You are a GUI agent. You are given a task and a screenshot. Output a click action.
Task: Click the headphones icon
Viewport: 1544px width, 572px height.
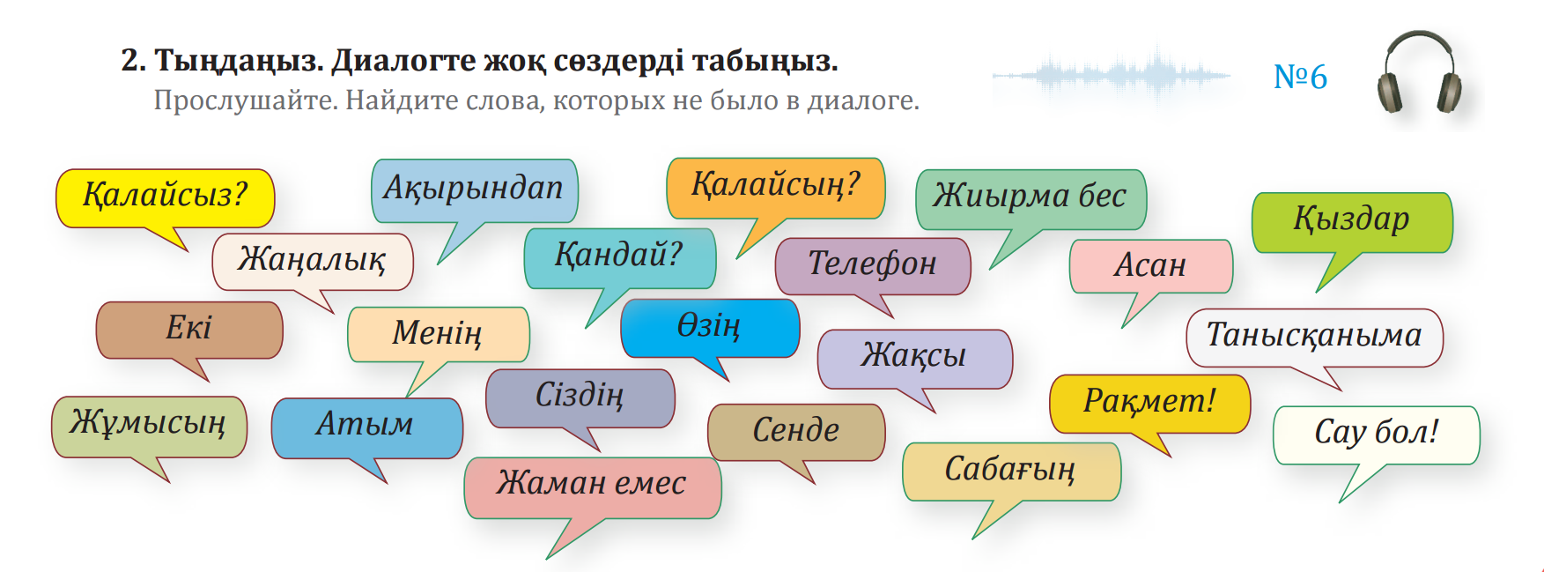1419,72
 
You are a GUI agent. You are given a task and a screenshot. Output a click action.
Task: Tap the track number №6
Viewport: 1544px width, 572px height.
1300,78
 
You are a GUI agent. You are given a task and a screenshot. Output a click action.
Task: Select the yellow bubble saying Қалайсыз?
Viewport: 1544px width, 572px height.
166,198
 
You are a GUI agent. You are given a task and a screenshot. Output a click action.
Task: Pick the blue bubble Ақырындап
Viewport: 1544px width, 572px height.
474,191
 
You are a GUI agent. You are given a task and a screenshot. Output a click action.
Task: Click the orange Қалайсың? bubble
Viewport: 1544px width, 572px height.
776,189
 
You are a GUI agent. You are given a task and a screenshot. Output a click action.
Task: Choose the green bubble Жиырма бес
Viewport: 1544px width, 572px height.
1031,200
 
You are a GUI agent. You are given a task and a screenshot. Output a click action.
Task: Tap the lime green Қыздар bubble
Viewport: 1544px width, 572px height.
1352,223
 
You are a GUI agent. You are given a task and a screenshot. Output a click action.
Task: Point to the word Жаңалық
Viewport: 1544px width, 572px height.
312,259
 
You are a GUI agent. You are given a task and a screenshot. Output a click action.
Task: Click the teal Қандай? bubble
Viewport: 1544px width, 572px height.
619,259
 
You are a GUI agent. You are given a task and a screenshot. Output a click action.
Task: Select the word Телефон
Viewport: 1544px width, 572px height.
872,263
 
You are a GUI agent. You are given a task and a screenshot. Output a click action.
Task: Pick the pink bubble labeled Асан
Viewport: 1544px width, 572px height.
1150,266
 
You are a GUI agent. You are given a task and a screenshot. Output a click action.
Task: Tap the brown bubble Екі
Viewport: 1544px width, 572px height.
189,331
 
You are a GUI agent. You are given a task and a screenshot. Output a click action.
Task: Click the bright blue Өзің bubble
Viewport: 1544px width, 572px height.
710,328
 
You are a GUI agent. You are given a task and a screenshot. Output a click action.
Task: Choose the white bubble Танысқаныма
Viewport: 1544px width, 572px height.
1314,338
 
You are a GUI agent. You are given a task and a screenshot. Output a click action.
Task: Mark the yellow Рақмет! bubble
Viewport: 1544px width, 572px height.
1149,404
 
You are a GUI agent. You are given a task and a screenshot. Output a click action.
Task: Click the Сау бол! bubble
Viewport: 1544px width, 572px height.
1376,435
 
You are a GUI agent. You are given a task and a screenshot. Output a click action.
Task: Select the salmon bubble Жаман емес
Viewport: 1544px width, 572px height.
592,487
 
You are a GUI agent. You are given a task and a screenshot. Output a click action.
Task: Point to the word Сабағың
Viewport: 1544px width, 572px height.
1009,470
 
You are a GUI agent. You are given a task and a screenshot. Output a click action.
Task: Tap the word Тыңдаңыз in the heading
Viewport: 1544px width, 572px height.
238,61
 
